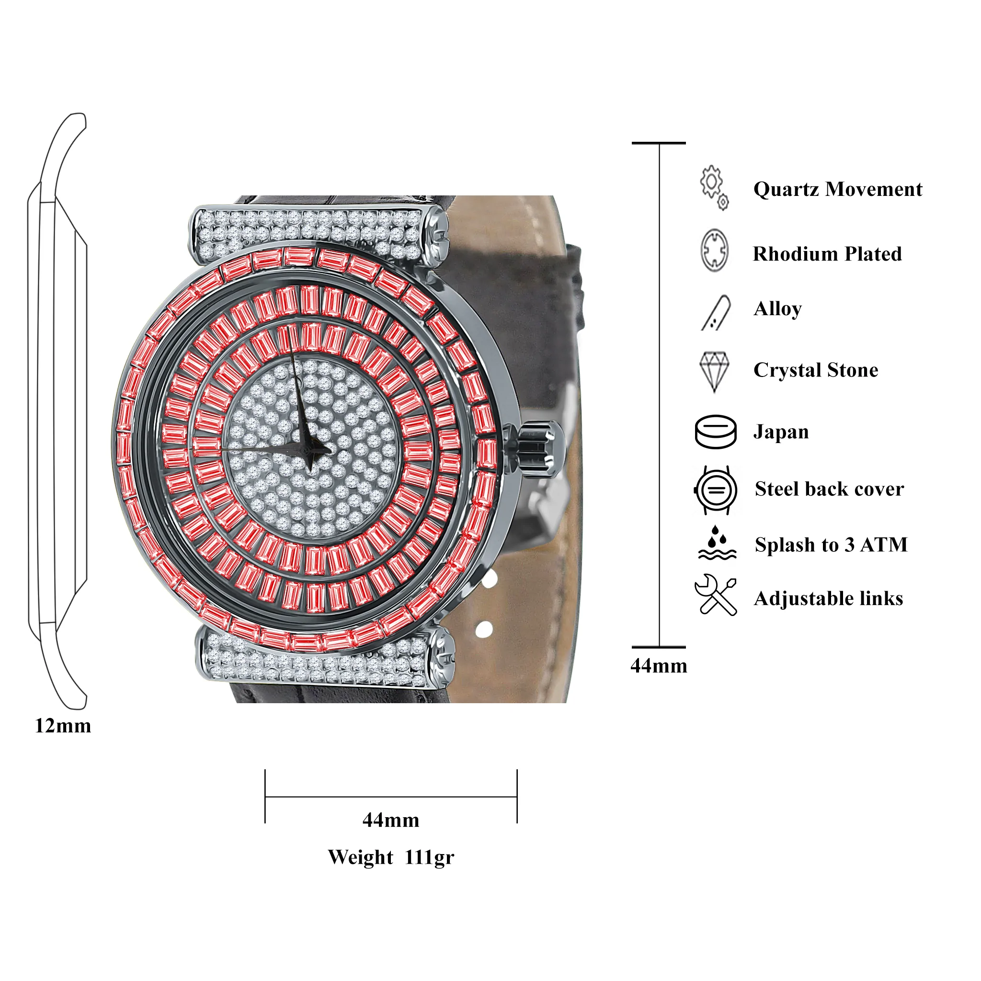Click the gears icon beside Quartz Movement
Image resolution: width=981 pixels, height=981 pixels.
pyautogui.click(x=714, y=187)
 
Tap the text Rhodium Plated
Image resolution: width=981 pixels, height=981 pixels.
pyautogui.click(x=827, y=254)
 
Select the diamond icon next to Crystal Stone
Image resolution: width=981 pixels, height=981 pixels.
pyautogui.click(x=714, y=372)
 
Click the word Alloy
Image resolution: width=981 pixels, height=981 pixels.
pyautogui.click(x=777, y=309)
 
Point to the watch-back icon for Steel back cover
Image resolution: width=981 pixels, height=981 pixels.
pyautogui.click(x=716, y=490)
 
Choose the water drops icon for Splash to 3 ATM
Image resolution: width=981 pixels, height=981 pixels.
pyautogui.click(x=717, y=543)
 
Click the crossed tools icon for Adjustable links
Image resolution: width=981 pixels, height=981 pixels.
pyautogui.click(x=716, y=595)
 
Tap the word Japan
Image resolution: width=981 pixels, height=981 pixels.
pyautogui.click(x=781, y=432)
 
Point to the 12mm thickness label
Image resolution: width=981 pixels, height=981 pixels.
pyautogui.click(x=63, y=726)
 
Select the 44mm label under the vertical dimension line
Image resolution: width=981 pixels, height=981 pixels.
pyautogui.click(x=659, y=666)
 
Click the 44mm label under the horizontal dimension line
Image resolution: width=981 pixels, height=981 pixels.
pyautogui.click(x=391, y=820)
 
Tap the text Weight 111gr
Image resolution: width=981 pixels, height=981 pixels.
pyautogui.click(x=391, y=857)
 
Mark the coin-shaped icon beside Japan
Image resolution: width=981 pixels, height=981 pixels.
pyautogui.click(x=716, y=432)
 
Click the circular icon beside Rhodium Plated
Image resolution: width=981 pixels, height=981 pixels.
pyautogui.click(x=714, y=251)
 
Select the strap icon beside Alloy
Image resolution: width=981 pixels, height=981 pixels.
pyautogui.click(x=716, y=313)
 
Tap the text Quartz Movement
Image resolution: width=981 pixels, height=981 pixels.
pyautogui.click(x=838, y=189)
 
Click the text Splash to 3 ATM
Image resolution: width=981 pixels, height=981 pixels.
pyautogui.click(x=831, y=545)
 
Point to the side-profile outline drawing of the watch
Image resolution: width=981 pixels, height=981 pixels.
pyautogui.click(x=57, y=411)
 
